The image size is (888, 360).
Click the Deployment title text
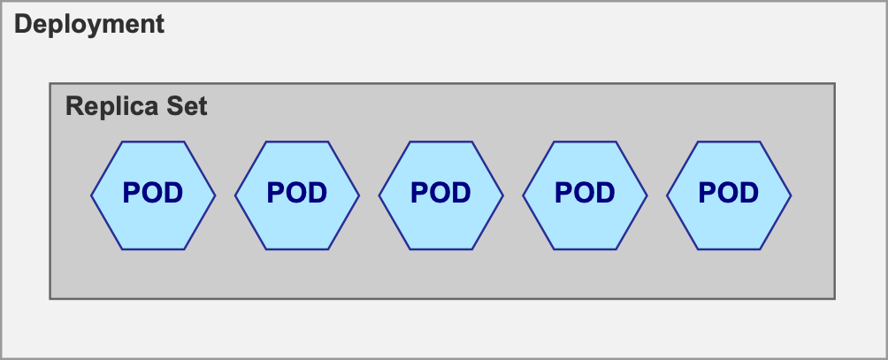89,24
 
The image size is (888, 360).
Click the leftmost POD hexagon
153,194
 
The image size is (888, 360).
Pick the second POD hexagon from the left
297,194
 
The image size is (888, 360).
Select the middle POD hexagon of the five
441,194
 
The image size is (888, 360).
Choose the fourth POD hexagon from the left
585,194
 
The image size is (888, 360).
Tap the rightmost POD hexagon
729,194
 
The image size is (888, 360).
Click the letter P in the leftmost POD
131,193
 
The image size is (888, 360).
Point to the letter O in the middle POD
440,193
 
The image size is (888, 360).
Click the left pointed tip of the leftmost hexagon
92,194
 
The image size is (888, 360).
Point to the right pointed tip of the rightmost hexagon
790,194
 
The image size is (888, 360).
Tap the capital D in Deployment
24,24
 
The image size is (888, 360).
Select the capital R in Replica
74,107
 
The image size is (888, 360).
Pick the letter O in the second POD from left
297,193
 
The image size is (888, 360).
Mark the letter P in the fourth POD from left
563,193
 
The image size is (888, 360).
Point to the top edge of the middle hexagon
441,142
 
